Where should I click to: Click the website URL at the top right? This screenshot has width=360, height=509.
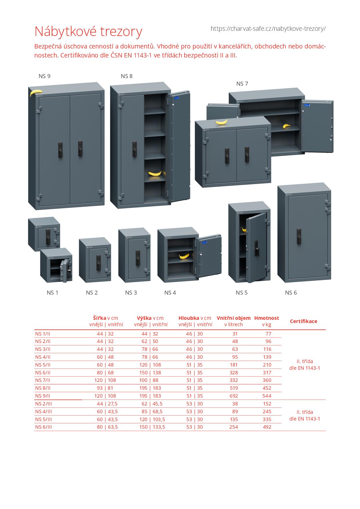coord(268,29)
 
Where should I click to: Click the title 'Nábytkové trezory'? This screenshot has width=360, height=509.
coord(88,31)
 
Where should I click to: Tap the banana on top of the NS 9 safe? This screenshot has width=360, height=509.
coord(36,92)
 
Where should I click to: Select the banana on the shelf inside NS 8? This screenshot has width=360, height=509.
coord(155,173)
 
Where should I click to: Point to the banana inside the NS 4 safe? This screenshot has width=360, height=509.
coord(184,256)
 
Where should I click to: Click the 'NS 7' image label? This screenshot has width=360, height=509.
coord(242,84)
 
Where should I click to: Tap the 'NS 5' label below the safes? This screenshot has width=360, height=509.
coord(242,293)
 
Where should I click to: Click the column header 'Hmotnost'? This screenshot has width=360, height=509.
coord(267,318)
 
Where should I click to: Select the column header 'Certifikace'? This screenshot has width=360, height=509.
coord(303,321)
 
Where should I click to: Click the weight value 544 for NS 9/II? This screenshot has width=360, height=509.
coord(267,396)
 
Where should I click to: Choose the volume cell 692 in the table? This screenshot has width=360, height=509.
coord(233,396)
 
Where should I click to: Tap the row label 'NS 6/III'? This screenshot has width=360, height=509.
coord(44,427)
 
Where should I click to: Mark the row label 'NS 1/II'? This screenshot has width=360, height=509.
coord(43,334)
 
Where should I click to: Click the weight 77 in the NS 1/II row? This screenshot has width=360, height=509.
coord(268,334)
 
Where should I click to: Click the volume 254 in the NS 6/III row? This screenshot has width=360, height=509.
coord(233,427)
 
